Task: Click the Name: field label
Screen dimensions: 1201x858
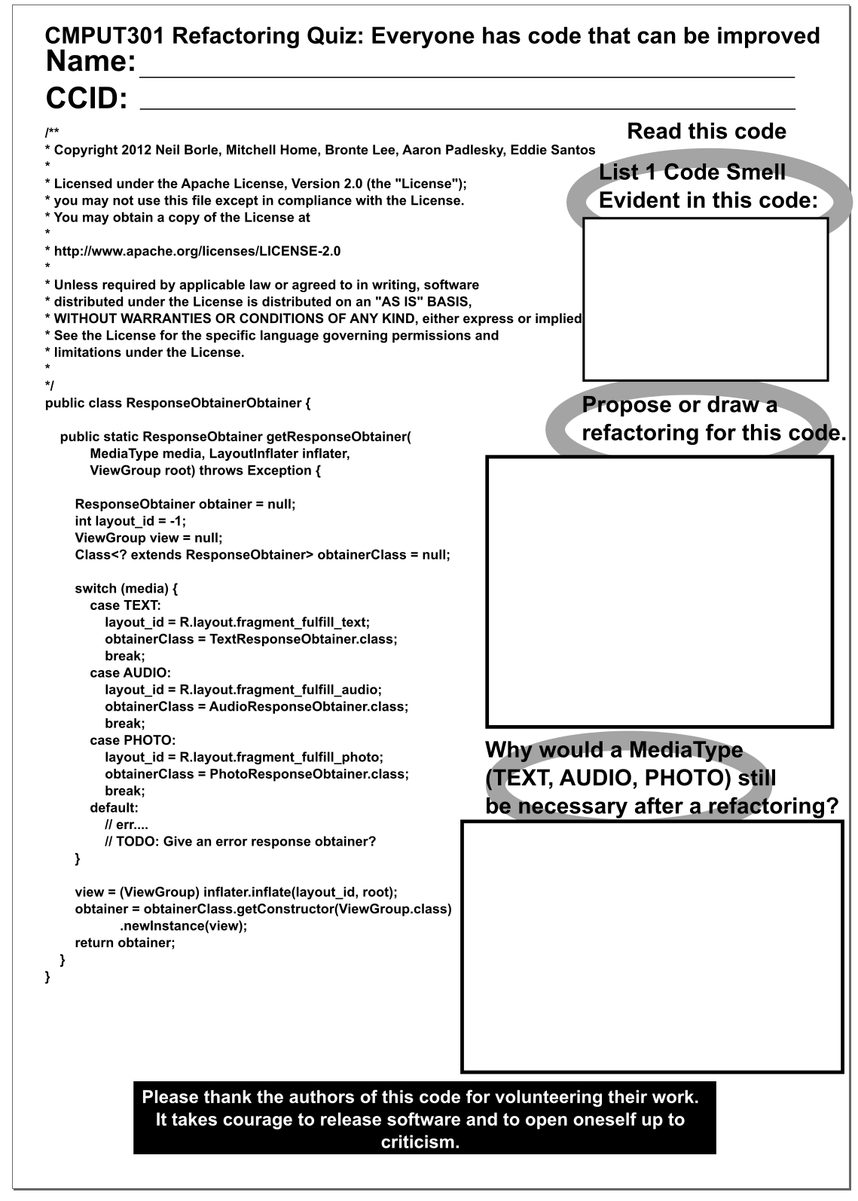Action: tap(90, 62)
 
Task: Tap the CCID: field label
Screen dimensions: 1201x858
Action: tap(87, 99)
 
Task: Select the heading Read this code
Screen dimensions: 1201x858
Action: tap(706, 132)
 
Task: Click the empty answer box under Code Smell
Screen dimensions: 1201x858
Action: tap(705, 299)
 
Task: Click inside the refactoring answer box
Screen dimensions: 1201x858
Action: tap(659, 591)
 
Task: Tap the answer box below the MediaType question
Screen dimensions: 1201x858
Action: tap(652, 946)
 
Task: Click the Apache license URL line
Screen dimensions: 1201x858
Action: tap(197, 251)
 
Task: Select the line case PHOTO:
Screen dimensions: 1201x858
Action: tap(133, 741)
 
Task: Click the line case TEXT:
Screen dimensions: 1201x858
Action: tap(125, 605)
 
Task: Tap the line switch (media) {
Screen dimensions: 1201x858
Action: tap(126, 589)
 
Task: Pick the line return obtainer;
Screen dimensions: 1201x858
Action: tap(124, 943)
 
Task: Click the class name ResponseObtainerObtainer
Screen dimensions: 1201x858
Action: tap(214, 403)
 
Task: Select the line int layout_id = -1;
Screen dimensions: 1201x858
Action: tap(130, 521)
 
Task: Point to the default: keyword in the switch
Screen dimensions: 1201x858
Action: tap(114, 808)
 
